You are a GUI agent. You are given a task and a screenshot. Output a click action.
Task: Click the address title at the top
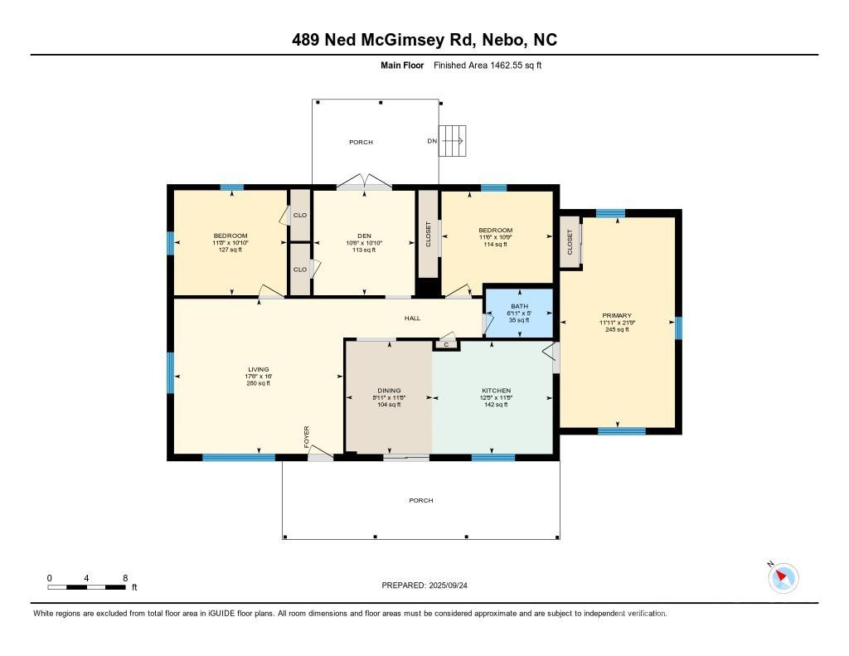click(x=424, y=40)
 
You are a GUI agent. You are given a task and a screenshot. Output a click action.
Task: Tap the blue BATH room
click(x=518, y=313)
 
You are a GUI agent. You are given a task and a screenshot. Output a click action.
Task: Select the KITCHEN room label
click(x=496, y=391)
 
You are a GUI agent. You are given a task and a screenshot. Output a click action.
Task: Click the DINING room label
click(x=389, y=391)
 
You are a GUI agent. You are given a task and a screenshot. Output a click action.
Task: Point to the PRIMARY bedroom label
click(x=617, y=315)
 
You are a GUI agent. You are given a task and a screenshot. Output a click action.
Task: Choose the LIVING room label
click(x=258, y=370)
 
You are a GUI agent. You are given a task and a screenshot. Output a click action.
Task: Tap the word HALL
click(x=412, y=318)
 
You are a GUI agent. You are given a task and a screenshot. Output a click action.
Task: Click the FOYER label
click(x=306, y=436)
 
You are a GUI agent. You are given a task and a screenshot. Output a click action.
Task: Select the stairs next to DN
click(x=453, y=140)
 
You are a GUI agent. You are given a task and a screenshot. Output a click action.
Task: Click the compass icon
click(x=783, y=577)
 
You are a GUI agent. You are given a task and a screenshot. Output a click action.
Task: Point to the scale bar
click(x=87, y=587)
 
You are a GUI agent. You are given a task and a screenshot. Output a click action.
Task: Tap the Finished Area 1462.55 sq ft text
click(x=488, y=65)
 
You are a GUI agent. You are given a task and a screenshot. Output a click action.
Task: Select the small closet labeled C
click(x=446, y=343)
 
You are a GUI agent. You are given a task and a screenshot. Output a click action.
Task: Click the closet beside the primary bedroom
click(x=570, y=242)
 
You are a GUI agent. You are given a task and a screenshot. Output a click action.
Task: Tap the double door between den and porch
click(x=364, y=184)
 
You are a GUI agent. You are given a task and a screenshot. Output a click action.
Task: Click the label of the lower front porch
click(x=420, y=500)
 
